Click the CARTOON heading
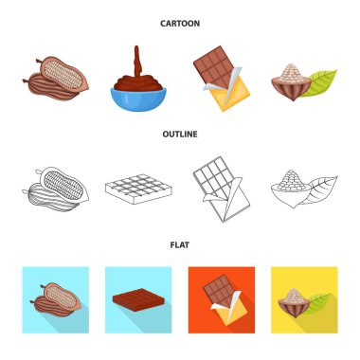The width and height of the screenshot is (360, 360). (x=180, y=24)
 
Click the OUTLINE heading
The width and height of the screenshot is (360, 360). (x=180, y=135)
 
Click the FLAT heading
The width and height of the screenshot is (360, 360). (x=180, y=245)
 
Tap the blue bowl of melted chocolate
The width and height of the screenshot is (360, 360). (x=138, y=99)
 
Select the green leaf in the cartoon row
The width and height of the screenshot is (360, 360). (x=318, y=83)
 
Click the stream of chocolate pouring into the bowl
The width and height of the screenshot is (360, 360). (x=136, y=62)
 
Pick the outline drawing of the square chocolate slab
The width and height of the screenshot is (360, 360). (x=138, y=189)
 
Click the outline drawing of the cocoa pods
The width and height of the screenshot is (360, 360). (x=56, y=189)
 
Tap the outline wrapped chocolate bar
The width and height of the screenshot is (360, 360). (x=222, y=189)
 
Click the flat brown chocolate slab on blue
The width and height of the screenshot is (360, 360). (x=139, y=300)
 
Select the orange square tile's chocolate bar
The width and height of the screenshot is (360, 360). (x=225, y=300)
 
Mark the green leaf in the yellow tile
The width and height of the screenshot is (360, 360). (x=319, y=302)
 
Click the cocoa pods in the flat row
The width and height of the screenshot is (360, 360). (x=56, y=300)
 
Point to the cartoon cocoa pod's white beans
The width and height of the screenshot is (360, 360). (x=63, y=75)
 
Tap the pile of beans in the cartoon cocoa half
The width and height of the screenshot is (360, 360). (x=292, y=73)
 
